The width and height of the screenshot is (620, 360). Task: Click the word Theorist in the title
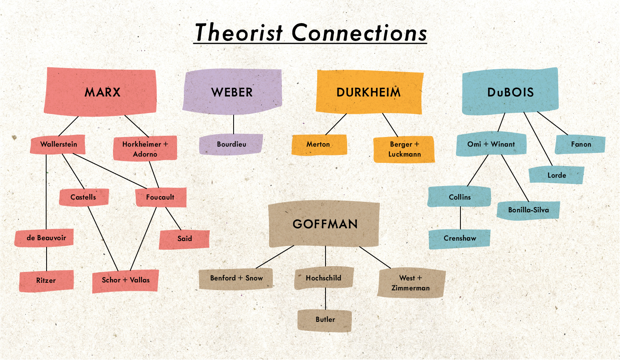239,33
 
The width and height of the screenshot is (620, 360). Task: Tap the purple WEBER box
232,92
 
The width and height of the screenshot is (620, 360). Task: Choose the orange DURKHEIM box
368,92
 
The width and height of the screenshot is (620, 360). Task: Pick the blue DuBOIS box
510,92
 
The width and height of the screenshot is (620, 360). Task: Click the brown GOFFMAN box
324,224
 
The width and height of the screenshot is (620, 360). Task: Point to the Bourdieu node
231,144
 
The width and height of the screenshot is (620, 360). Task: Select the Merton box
318,144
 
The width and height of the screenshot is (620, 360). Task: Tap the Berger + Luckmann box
404,149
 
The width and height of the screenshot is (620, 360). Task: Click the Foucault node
160,197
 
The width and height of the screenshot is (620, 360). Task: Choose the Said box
184,239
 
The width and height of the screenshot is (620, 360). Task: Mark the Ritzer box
46,280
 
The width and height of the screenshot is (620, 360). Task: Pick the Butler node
325,320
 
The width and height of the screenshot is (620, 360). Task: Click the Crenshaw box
460,239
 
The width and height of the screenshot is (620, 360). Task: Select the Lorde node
556,175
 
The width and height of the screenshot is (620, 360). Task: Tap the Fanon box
581,144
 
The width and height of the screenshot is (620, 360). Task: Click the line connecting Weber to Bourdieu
234,125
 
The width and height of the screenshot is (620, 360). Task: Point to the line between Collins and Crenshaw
460,218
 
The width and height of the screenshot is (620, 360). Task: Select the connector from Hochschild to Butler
326,299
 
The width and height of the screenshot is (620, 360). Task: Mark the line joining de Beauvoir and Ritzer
47,259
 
